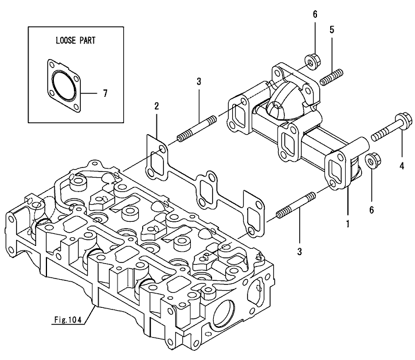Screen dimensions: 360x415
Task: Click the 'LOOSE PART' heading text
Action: point(76,41)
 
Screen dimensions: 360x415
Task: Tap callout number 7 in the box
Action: point(104,92)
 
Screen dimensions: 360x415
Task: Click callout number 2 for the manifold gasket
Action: point(155,106)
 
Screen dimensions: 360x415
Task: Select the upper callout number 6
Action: point(315,14)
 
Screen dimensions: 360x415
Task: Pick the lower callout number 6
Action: point(371,210)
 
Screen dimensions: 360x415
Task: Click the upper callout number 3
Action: point(198,81)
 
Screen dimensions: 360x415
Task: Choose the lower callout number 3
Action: point(299,251)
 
